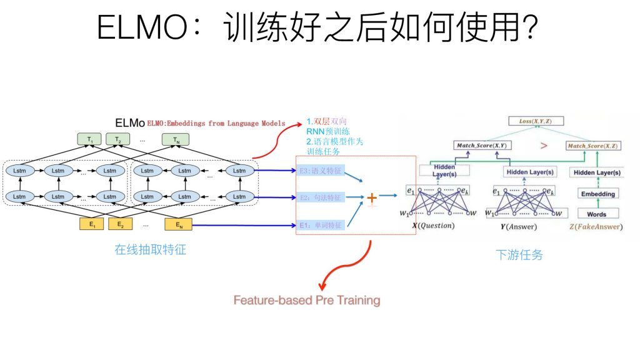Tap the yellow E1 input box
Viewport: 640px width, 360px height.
[91, 224]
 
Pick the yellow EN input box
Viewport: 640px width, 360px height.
[177, 224]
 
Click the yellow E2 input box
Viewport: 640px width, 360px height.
[121, 224]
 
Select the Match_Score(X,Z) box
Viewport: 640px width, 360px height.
[592, 146]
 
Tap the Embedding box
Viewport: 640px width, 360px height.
[597, 194]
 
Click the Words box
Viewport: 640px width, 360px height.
[597, 214]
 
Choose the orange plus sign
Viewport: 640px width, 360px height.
[372, 198]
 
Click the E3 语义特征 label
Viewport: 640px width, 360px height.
[321, 171]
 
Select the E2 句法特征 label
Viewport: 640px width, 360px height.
[321, 197]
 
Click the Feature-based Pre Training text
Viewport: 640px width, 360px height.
[307, 300]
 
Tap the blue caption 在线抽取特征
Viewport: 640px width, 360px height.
[150, 250]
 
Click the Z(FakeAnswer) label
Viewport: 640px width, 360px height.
[596, 226]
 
